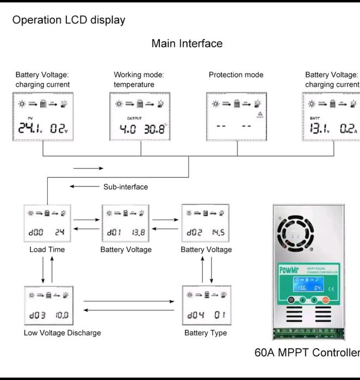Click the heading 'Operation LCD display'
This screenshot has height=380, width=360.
point(69,20)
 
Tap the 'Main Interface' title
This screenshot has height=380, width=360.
point(187,43)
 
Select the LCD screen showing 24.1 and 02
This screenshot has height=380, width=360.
point(43,117)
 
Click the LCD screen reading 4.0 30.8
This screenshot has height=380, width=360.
point(140,117)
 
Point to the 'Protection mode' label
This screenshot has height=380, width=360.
point(236,75)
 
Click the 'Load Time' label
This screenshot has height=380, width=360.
point(47,250)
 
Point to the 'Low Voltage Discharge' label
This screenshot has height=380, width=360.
point(62,333)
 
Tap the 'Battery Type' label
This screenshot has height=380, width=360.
point(206,333)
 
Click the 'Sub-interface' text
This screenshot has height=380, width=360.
point(125,187)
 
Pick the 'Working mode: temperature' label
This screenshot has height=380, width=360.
point(139,79)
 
